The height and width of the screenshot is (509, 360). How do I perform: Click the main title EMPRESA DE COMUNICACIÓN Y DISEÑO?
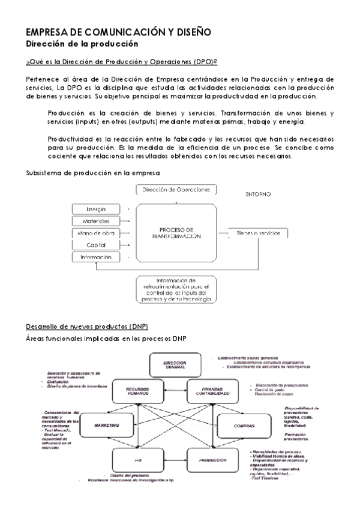click(x=119, y=32)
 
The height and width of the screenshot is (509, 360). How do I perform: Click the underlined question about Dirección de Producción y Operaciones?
click(x=121, y=62)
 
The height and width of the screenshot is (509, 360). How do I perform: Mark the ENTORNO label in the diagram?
click(x=259, y=194)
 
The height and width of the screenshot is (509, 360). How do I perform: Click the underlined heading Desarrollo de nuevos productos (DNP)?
click(x=78, y=326)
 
